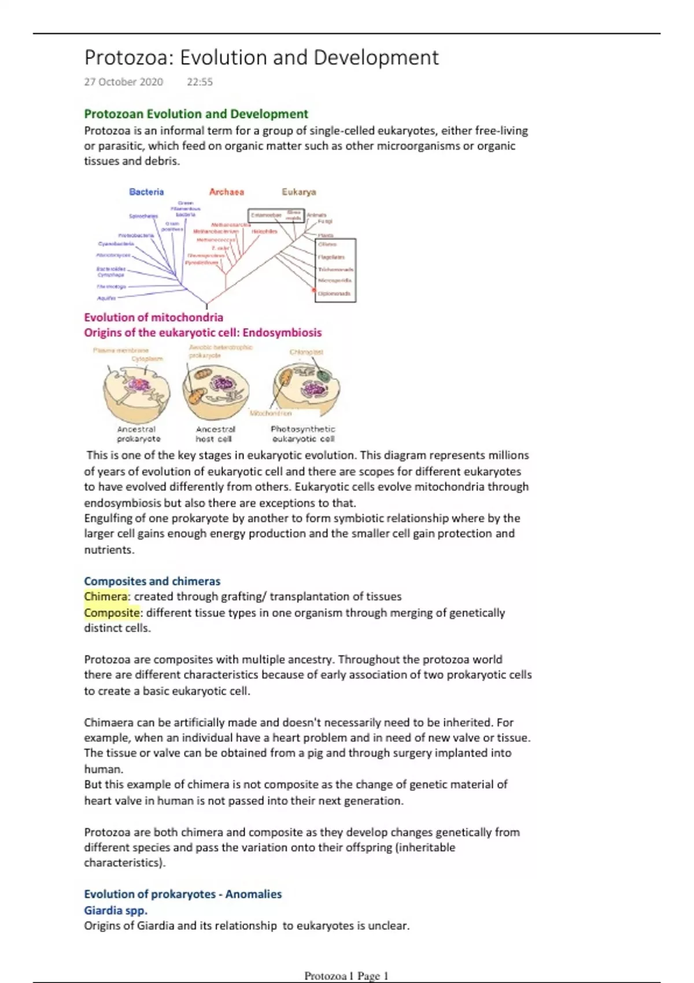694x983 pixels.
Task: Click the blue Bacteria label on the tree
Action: click(146, 192)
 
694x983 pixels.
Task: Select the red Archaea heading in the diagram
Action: click(226, 192)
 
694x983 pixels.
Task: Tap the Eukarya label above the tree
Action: click(298, 192)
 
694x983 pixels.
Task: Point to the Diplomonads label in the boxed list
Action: click(334, 294)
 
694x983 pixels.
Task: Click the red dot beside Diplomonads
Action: click(315, 290)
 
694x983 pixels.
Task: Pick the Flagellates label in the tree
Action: click(331, 257)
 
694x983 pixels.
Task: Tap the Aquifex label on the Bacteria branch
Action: click(106, 298)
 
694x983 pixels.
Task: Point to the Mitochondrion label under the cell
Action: click(271, 413)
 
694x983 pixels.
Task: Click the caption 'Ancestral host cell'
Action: click(215, 434)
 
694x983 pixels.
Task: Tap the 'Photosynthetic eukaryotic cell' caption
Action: click(303, 434)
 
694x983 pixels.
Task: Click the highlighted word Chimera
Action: click(105, 597)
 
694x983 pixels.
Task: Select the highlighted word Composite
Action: click(112, 613)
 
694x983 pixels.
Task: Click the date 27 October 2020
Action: click(123, 82)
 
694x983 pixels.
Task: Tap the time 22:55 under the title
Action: click(200, 82)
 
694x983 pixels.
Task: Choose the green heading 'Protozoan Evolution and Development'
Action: click(196, 114)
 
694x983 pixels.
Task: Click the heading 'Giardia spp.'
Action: click(116, 910)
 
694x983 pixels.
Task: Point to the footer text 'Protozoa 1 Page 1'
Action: click(346, 976)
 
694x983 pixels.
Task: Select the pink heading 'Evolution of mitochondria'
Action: click(153, 317)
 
